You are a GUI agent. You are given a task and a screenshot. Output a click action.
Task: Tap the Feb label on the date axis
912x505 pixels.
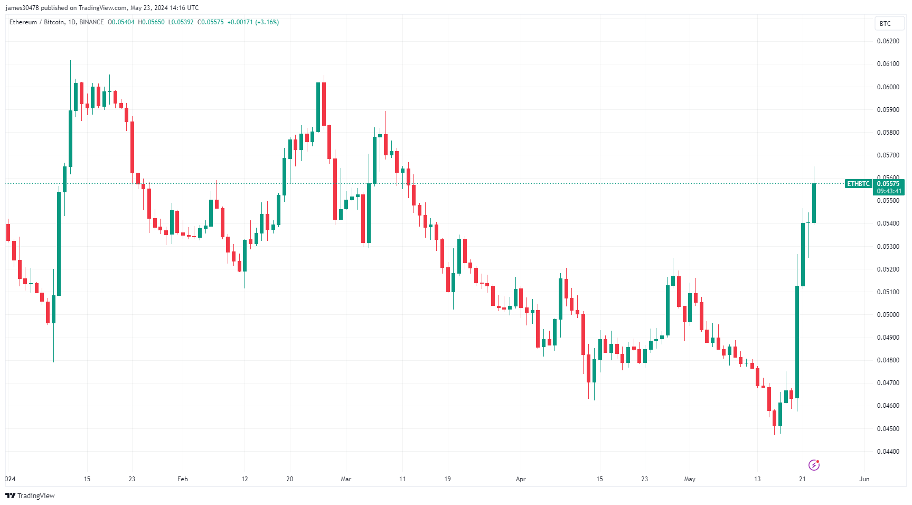(x=183, y=479)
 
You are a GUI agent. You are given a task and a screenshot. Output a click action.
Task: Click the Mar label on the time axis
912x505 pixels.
(x=346, y=479)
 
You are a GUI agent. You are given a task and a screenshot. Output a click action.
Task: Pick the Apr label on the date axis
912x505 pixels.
(x=521, y=479)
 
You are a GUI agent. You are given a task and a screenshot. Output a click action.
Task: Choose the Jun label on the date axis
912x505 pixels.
(x=864, y=479)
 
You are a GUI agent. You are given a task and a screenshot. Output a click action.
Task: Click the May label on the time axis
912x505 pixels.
(x=690, y=479)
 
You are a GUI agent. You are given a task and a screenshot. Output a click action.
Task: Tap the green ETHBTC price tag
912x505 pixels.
(x=858, y=184)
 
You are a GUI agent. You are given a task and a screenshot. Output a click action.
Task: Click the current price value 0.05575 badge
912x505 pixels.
(x=888, y=184)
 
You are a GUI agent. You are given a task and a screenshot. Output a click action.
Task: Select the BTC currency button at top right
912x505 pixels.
(x=885, y=24)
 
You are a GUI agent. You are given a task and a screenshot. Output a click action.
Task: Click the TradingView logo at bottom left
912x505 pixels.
(x=30, y=495)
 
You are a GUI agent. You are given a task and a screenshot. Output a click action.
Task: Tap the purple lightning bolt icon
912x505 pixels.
(x=814, y=465)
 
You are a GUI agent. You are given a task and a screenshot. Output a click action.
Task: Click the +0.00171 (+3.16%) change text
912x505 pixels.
(x=253, y=22)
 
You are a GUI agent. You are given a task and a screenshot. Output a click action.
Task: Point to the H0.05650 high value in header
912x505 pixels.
(x=151, y=22)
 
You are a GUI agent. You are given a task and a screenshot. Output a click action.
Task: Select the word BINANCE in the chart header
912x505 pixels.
(x=91, y=22)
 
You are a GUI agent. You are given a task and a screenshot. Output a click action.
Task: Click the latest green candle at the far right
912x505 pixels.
(x=814, y=203)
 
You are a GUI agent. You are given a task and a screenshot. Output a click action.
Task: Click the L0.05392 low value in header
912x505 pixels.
(x=181, y=22)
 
